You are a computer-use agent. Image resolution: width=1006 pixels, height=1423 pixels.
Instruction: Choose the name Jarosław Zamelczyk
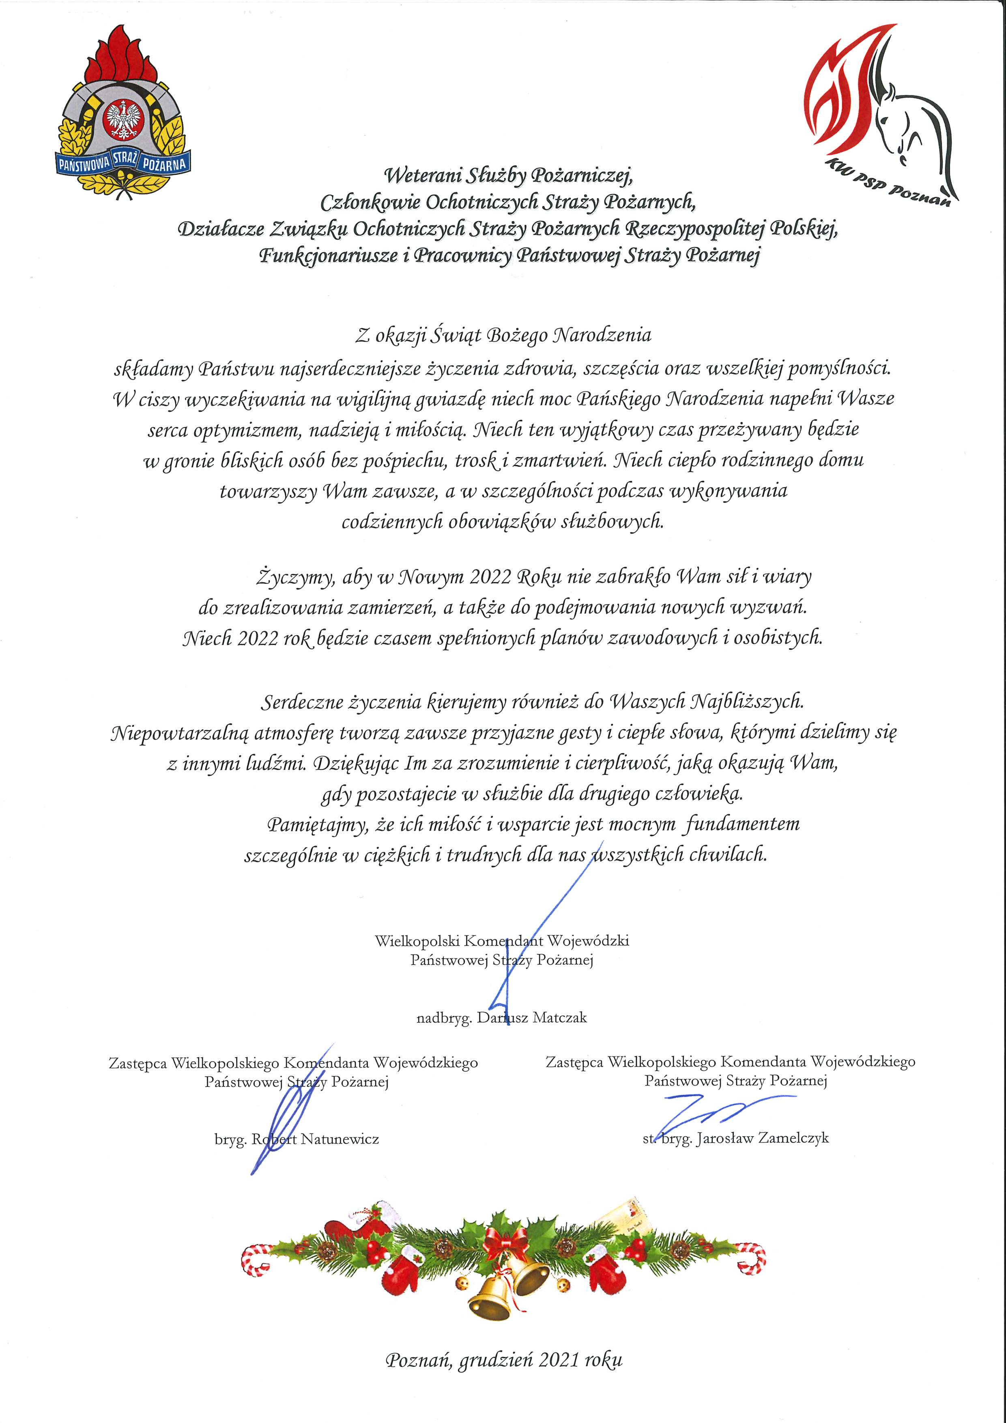(x=762, y=1138)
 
